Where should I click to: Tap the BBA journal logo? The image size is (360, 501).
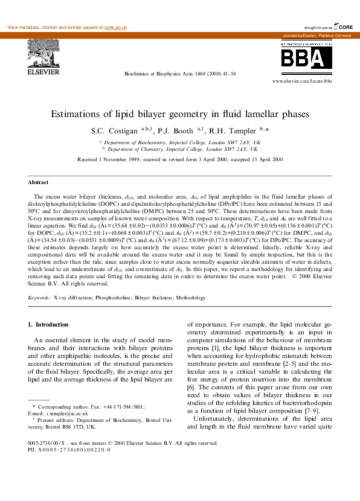pyautogui.click(x=304, y=59)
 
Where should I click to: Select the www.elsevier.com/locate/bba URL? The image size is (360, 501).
pyautogui.click(x=302, y=80)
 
